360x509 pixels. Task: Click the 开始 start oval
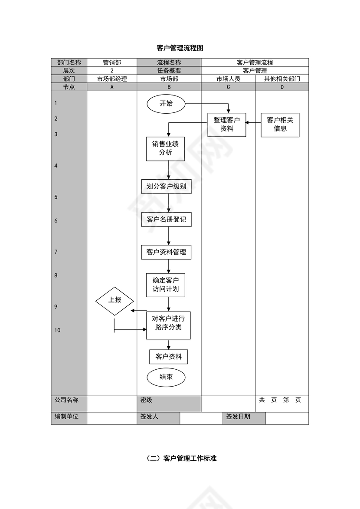(x=166, y=104)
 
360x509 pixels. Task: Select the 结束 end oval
(x=166, y=377)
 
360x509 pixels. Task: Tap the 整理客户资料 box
(x=226, y=125)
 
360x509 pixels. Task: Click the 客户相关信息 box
(x=280, y=125)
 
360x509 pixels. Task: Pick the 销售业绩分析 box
(x=166, y=148)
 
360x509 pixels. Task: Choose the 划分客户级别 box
(x=166, y=187)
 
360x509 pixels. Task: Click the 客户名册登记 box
(x=166, y=220)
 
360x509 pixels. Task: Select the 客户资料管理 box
(x=166, y=252)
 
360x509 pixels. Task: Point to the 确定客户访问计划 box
(x=166, y=285)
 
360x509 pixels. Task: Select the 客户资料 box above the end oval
(x=168, y=357)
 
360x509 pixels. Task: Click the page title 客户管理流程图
(x=180, y=48)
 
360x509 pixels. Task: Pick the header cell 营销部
(x=112, y=62)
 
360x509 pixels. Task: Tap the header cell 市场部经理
(x=112, y=79)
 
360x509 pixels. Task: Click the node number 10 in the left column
(x=57, y=330)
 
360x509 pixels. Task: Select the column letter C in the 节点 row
(x=228, y=87)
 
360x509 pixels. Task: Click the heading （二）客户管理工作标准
(x=180, y=458)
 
